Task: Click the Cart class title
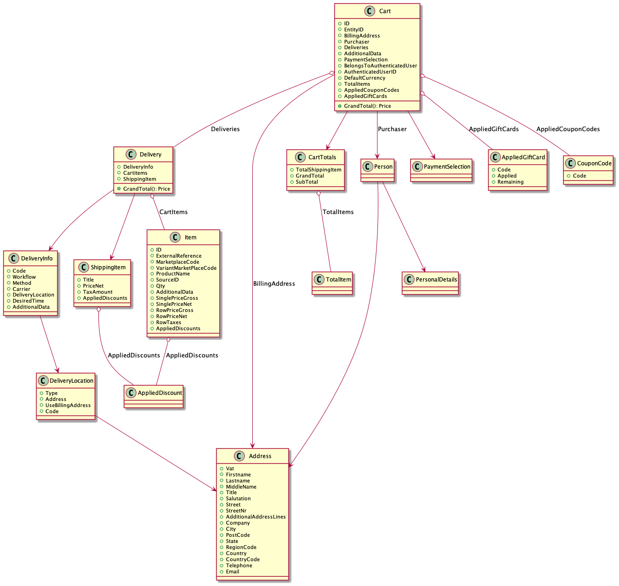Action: point(385,11)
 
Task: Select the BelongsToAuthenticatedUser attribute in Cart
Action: point(380,66)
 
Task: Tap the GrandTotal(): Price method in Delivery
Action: point(146,189)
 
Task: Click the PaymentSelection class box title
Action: point(447,167)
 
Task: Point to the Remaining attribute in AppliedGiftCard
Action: point(510,182)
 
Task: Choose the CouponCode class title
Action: point(594,163)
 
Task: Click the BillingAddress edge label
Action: point(274,284)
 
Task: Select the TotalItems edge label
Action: point(338,212)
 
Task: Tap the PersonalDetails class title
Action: point(436,280)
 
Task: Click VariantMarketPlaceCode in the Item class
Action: point(186,268)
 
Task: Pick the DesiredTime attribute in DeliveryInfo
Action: point(28,301)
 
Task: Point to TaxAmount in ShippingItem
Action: point(98,292)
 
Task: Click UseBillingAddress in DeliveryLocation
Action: point(68,406)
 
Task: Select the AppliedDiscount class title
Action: point(159,393)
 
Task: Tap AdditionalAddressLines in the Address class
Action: point(256,517)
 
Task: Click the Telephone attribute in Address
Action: point(239,566)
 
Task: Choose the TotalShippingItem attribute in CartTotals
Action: point(318,170)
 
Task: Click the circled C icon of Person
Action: point(368,167)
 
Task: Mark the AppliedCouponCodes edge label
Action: point(567,129)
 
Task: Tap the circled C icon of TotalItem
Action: point(319,280)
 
